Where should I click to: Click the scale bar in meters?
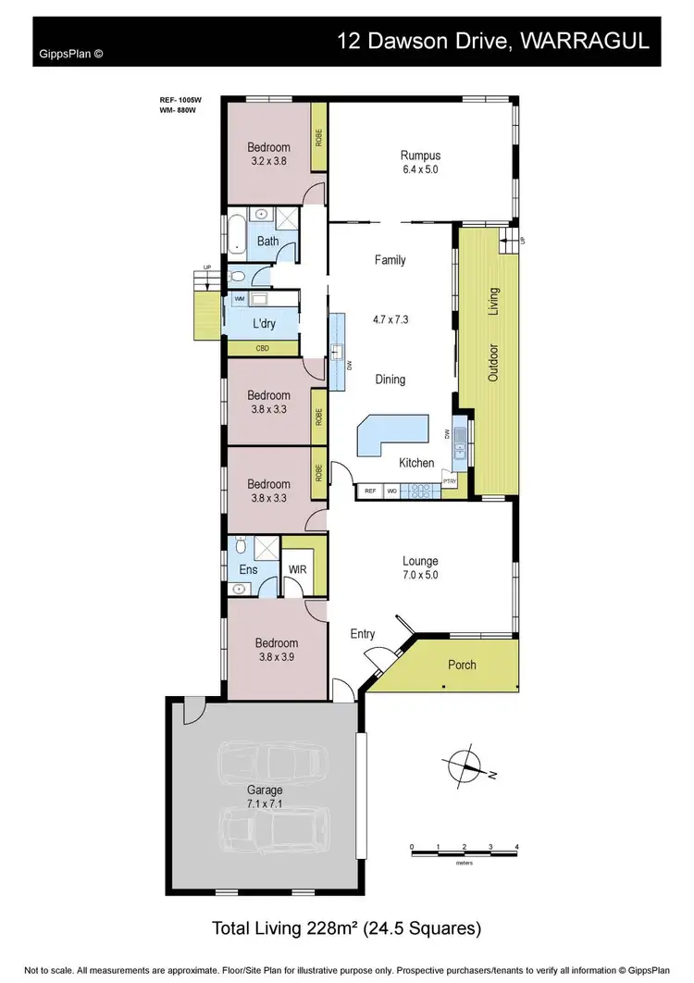point(464,848)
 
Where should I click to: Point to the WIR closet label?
point(298,569)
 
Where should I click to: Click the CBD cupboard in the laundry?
point(262,349)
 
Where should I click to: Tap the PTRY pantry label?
point(451,481)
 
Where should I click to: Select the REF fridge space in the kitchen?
point(369,491)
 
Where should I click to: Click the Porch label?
point(462,665)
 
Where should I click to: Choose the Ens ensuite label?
point(248,570)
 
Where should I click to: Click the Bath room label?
point(267,242)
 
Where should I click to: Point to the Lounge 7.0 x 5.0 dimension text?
point(419,575)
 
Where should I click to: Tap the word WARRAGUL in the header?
point(593,42)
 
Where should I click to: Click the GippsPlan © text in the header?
point(70,54)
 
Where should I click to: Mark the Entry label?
point(362,634)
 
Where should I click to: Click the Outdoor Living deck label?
point(493,334)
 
